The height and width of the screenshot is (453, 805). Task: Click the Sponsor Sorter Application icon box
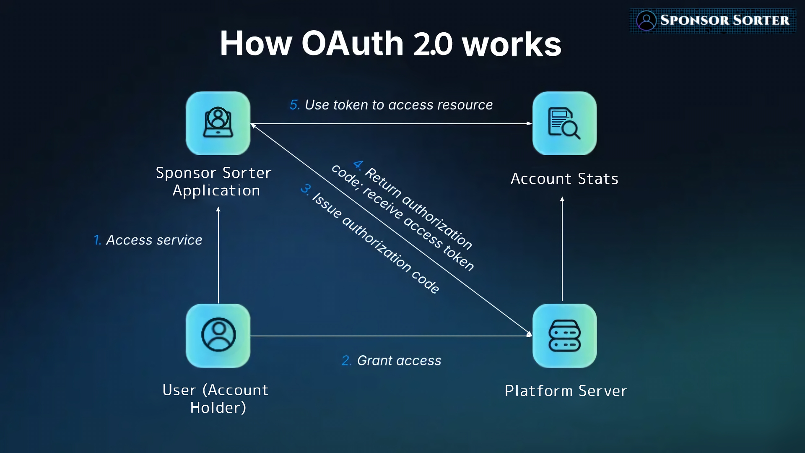point(218,123)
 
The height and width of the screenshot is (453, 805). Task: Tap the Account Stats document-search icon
point(564,123)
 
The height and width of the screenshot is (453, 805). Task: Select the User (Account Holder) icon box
point(218,336)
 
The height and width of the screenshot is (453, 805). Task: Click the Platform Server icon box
point(564,336)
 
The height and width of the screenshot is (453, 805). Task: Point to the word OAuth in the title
point(352,44)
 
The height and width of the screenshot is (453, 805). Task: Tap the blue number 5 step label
point(294,105)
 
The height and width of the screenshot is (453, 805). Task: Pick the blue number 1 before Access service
point(97,240)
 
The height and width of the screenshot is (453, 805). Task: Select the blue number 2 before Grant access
point(346,360)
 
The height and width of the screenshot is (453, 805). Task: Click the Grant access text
point(399,360)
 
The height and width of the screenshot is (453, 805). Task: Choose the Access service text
point(154,240)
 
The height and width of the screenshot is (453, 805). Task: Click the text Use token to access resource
point(399,105)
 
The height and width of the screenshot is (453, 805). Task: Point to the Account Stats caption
point(564,179)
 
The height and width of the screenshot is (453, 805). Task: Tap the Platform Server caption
point(566,391)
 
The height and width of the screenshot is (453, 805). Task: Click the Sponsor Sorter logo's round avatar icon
point(646,20)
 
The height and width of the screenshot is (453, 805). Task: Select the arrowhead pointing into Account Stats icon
point(530,123)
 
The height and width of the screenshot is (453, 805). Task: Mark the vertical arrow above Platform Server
point(562,250)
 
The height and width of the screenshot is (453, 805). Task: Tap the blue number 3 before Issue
point(306,189)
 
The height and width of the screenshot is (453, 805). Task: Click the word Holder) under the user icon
point(218,408)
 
